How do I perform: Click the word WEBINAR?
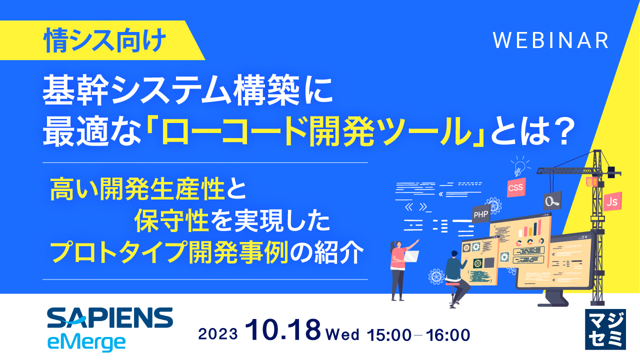550,40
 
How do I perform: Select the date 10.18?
283,331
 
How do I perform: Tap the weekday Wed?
342,334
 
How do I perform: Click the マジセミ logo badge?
604,328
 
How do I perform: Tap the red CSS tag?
515,188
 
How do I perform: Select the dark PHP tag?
480,214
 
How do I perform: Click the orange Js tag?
610,201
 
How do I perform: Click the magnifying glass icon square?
552,201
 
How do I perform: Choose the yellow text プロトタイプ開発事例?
170,254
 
